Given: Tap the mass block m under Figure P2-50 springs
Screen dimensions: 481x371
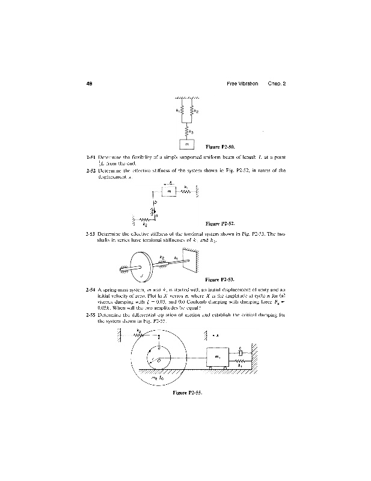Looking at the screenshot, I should point(186,144).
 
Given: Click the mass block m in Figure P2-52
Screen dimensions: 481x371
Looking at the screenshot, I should point(170,192).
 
